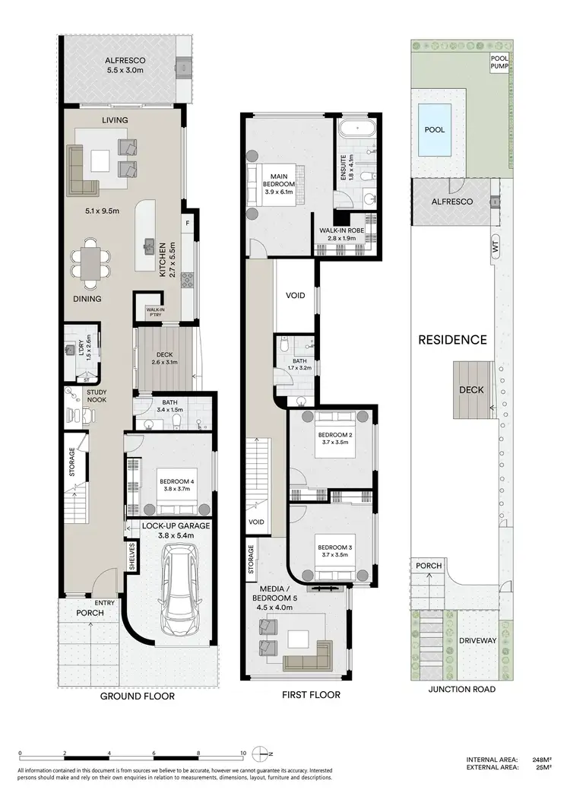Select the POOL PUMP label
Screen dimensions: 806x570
[498, 66]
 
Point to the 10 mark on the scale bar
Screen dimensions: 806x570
[242, 753]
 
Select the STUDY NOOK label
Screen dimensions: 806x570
[97, 395]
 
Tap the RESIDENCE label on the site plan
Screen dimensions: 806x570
[452, 340]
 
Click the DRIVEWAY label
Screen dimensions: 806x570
[477, 640]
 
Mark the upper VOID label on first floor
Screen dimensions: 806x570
[296, 295]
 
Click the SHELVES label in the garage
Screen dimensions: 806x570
[131, 557]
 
